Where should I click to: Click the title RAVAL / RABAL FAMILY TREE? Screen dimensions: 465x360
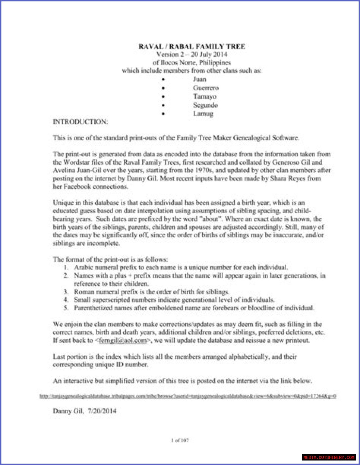click(192, 46)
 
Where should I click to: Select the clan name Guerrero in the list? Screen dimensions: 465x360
click(206, 88)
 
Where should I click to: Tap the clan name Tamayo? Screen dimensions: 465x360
click(204, 96)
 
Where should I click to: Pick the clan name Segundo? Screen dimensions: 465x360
click(205, 105)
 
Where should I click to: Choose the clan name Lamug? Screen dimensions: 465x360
click(203, 114)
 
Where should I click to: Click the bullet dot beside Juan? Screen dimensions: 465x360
click(163, 80)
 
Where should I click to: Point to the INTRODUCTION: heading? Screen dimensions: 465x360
click(80, 122)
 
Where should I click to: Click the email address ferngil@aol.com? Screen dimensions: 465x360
click(123, 341)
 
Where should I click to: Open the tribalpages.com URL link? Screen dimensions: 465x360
click(188, 396)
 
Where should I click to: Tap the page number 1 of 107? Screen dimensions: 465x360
click(180, 440)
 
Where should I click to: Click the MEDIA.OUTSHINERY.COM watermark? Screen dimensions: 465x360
click(329, 457)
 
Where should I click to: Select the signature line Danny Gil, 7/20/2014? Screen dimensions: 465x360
click(84, 411)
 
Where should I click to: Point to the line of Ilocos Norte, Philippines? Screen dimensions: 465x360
click(192, 62)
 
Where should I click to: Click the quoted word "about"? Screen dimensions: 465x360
click(211, 219)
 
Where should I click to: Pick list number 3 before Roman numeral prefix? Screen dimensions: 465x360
click(66, 292)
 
